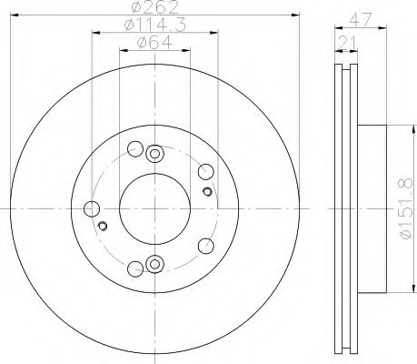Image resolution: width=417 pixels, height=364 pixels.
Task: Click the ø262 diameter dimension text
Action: [x=154, y=7]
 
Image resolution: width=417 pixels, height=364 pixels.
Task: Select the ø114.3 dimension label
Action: [x=154, y=25]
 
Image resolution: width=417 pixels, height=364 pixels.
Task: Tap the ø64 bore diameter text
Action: [x=154, y=42]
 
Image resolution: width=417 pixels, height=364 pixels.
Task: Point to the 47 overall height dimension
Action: [x=361, y=20]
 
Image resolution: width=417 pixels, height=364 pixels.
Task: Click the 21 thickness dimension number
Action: [x=347, y=43]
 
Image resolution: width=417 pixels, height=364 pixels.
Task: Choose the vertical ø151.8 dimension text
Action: [x=406, y=208]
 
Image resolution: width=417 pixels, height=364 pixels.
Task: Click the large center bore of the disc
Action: [x=154, y=208]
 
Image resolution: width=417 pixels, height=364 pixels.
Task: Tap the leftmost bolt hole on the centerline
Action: [x=92, y=208]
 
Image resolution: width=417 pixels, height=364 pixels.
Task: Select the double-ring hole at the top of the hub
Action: [x=154, y=154]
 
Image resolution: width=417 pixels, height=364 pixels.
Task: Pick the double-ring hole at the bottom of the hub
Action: [x=154, y=264]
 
